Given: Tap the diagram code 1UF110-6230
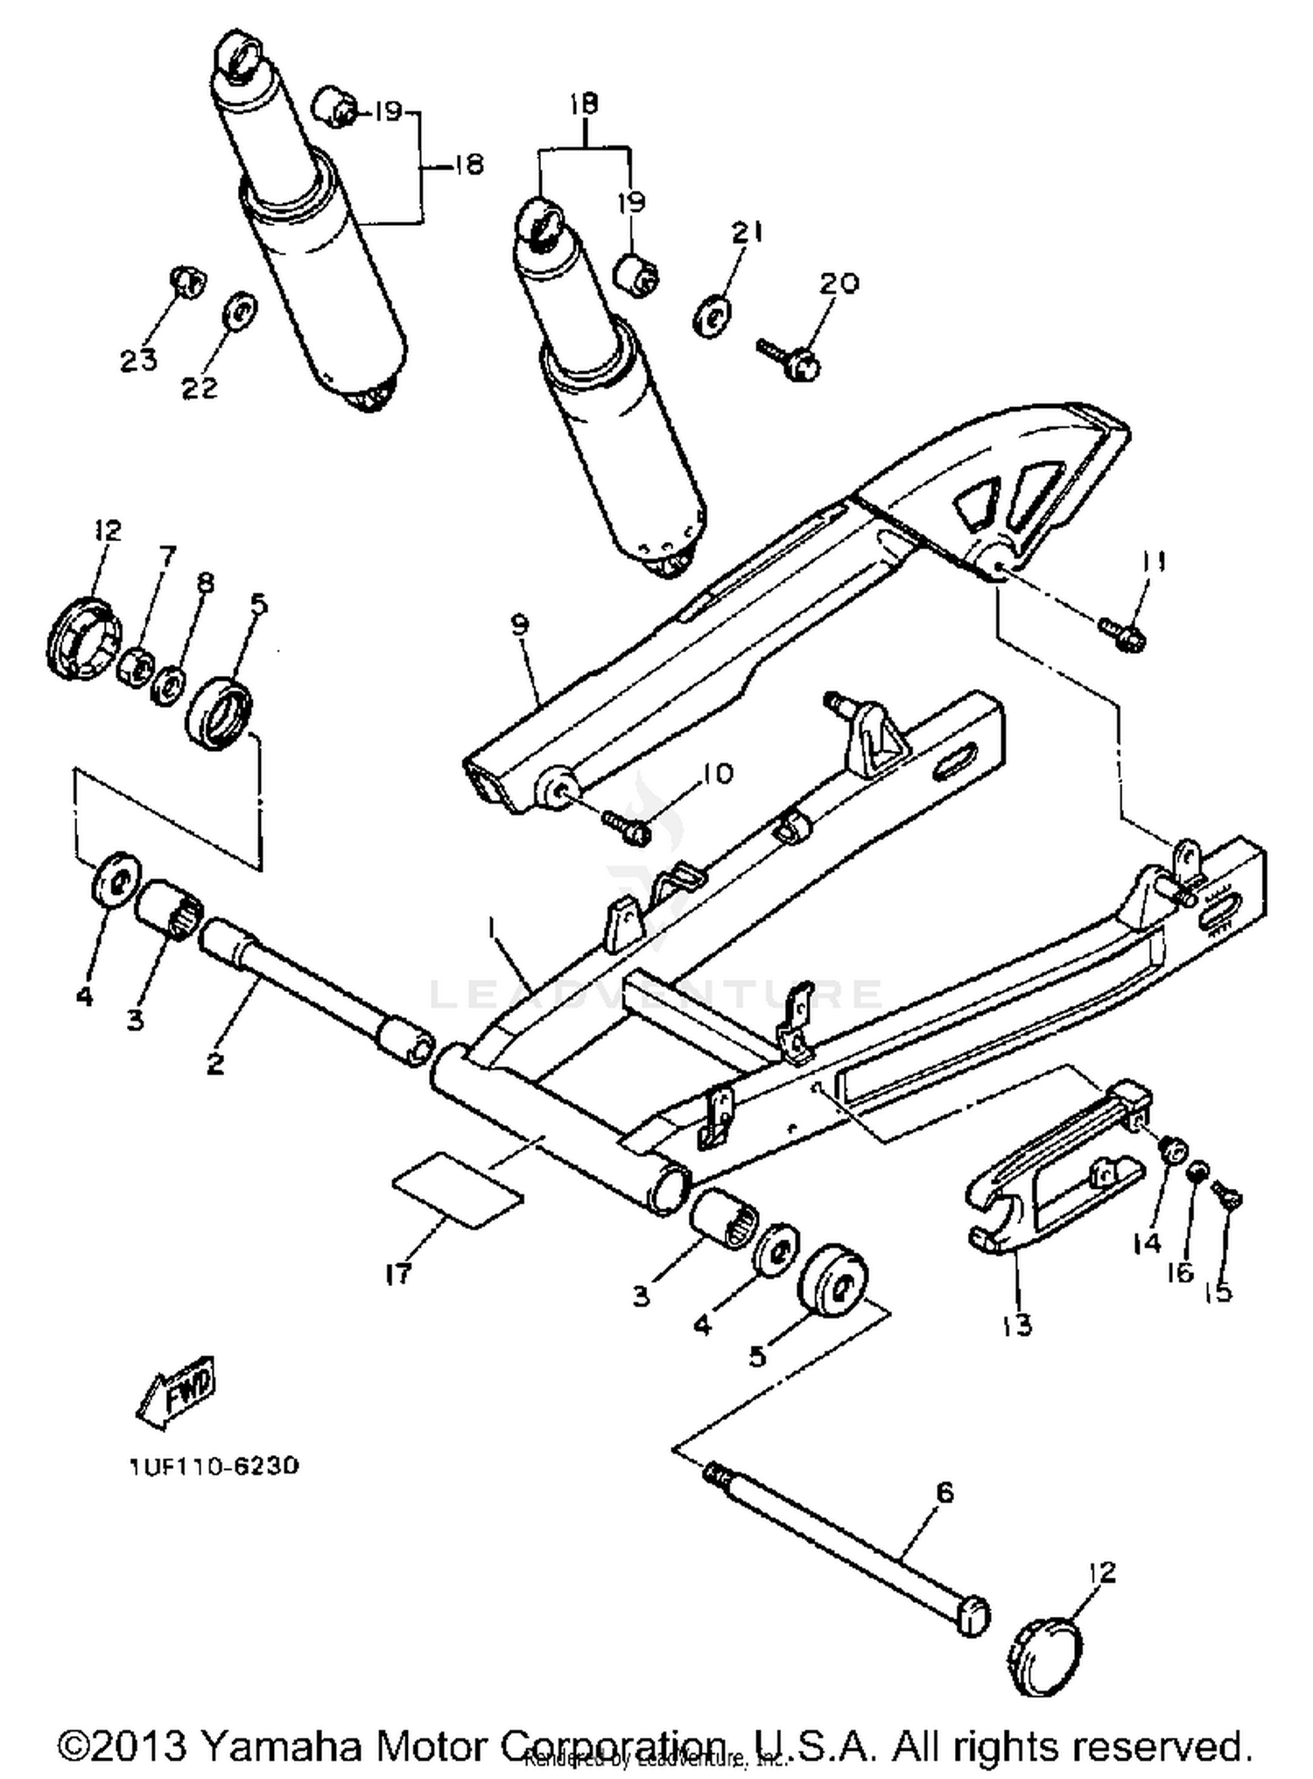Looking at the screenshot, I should pyautogui.click(x=214, y=1466).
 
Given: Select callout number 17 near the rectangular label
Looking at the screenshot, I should pyautogui.click(x=399, y=1273).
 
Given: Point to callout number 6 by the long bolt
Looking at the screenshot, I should pyautogui.click(x=944, y=1493).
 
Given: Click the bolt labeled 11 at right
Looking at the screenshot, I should pyautogui.click(x=1123, y=635).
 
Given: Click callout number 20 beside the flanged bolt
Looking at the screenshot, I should pyautogui.click(x=839, y=283).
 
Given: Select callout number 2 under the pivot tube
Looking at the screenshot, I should pyautogui.click(x=215, y=1063).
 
